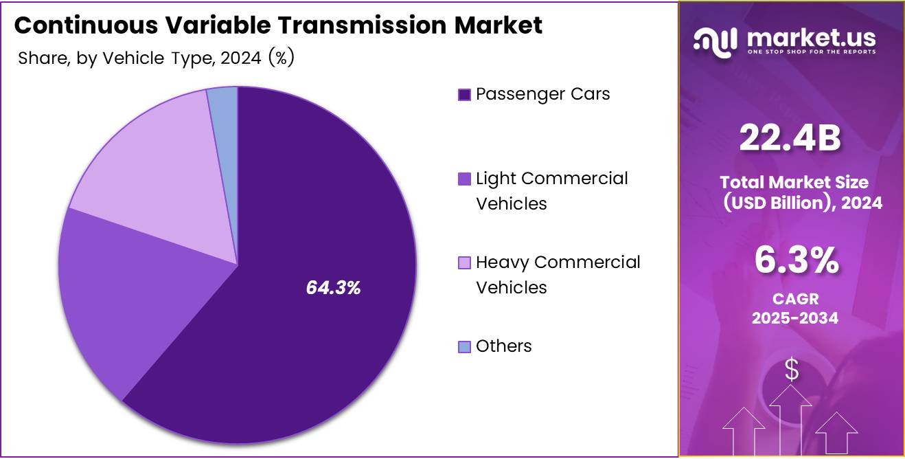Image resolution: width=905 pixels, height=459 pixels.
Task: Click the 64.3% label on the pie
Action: click(x=333, y=288)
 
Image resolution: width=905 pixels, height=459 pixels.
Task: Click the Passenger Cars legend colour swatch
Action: click(x=464, y=95)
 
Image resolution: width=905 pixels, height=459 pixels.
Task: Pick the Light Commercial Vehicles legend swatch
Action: click(x=464, y=179)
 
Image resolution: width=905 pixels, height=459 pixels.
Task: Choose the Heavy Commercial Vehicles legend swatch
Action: click(x=464, y=262)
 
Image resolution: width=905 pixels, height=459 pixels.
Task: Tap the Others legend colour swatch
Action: click(x=464, y=347)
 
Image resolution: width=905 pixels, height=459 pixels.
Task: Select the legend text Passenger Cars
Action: click(x=542, y=94)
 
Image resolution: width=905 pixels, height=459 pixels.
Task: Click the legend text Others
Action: click(x=503, y=346)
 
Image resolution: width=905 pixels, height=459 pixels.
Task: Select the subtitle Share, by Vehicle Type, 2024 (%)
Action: click(x=156, y=58)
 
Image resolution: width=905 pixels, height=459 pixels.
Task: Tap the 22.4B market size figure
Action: click(x=790, y=138)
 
